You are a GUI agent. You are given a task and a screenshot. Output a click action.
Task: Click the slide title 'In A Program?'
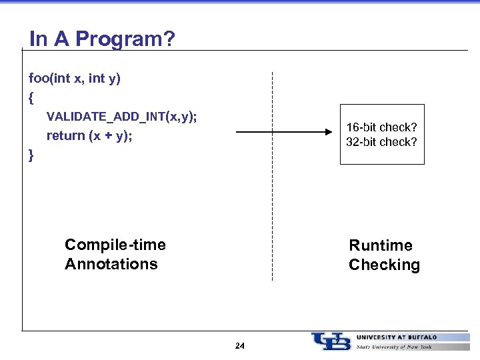(x=102, y=39)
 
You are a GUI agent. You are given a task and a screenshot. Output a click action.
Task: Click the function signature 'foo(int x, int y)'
(x=75, y=79)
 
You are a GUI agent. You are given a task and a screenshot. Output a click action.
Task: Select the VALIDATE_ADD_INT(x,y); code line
(x=121, y=117)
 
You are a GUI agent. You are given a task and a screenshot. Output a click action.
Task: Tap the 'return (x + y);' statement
(x=89, y=136)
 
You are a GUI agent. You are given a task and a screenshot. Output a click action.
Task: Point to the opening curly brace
(x=31, y=97)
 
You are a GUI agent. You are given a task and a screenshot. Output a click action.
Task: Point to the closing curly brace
(x=31, y=155)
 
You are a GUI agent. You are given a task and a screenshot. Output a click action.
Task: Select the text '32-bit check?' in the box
(x=381, y=142)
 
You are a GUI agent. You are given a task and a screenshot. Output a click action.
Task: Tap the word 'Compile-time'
(x=115, y=245)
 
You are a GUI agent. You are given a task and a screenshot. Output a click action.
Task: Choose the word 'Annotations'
(x=111, y=264)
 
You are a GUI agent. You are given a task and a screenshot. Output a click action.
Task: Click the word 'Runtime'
(x=381, y=245)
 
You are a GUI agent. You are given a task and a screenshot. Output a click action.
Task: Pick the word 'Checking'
(x=384, y=265)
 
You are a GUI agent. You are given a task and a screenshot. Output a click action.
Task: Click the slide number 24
(x=240, y=346)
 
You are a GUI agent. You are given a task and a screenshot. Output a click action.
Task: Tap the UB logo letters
(x=331, y=341)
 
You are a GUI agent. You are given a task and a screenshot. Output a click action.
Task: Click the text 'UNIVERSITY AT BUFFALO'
(x=397, y=337)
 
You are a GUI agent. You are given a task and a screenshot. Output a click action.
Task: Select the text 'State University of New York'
(x=395, y=347)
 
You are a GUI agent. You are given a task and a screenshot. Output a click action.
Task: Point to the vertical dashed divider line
(x=272, y=200)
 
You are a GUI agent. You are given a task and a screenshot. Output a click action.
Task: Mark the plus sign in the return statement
(x=101, y=136)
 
